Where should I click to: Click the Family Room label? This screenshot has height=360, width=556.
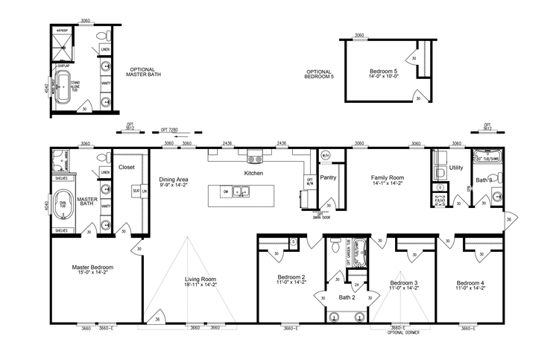point(387,177)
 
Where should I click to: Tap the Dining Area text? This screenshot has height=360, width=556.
point(174,180)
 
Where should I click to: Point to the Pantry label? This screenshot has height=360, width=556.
point(328,177)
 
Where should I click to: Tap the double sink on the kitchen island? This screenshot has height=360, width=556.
point(240,192)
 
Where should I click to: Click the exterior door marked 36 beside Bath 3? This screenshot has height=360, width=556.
point(508,221)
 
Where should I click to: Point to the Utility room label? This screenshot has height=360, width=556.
point(457,168)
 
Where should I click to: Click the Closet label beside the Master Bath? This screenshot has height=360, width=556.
point(127,168)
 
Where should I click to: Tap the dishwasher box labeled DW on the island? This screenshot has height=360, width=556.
point(225,192)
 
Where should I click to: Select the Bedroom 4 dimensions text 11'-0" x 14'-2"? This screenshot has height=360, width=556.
point(470,288)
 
